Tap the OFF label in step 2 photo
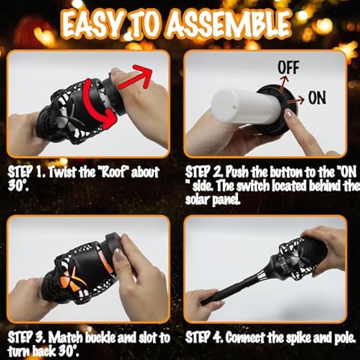coord(287,68)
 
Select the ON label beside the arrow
coord(317,99)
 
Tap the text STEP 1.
coord(25,172)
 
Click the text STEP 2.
coord(203,172)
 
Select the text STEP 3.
coord(25,337)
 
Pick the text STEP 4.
coord(203,337)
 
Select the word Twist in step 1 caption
coord(64,172)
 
